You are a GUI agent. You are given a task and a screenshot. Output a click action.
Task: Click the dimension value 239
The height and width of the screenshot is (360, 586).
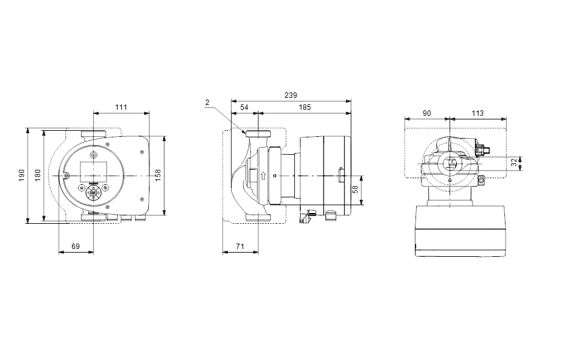(291, 95)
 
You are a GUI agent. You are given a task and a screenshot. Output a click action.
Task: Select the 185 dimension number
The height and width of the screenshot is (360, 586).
(304, 107)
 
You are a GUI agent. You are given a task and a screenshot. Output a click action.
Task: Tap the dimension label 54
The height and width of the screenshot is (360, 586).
(244, 107)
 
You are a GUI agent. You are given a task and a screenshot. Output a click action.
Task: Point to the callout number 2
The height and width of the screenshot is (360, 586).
(208, 103)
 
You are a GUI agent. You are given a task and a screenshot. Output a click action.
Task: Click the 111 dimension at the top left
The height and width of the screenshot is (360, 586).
(121, 107)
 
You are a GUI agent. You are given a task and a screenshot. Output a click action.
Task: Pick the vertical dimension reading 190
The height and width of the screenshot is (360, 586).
(22, 175)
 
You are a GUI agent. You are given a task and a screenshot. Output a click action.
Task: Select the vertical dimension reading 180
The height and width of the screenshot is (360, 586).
(37, 175)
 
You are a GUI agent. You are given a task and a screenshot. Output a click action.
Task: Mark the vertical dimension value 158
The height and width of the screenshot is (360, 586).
(158, 175)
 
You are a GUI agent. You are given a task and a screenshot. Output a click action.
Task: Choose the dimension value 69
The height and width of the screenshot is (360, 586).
(76, 247)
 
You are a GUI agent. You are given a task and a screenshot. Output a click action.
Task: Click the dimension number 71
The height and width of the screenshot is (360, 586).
(240, 247)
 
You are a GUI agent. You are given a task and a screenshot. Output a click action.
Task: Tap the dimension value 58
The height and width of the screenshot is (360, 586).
(355, 190)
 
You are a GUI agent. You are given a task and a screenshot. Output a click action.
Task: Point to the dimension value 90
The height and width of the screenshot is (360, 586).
(427, 113)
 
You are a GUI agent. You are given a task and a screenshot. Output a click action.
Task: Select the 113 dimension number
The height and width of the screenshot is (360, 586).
(477, 113)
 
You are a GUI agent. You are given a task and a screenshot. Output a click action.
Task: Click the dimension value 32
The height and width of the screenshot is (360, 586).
(514, 163)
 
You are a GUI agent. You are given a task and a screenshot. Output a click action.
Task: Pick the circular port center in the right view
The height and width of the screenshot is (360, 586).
(450, 163)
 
